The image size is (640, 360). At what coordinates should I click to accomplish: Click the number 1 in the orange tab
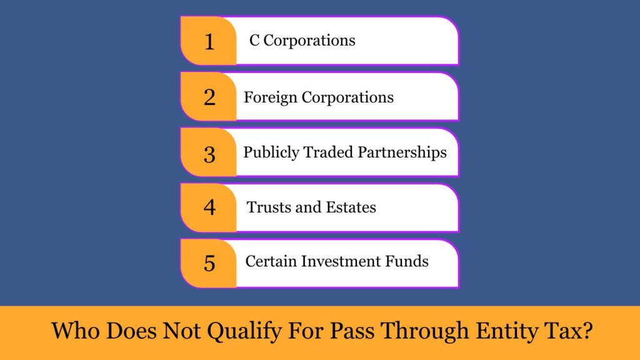[209, 42]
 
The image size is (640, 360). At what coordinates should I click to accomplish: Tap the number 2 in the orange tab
[209, 97]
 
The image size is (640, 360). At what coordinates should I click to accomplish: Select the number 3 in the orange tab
[209, 154]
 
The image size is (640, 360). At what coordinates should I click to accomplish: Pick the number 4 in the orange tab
[209, 207]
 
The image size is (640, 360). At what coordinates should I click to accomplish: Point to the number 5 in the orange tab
[209, 262]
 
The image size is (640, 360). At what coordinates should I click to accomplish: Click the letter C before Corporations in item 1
[254, 41]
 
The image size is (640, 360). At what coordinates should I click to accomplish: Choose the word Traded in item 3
[327, 152]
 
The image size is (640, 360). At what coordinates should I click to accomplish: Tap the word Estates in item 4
[350, 207]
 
